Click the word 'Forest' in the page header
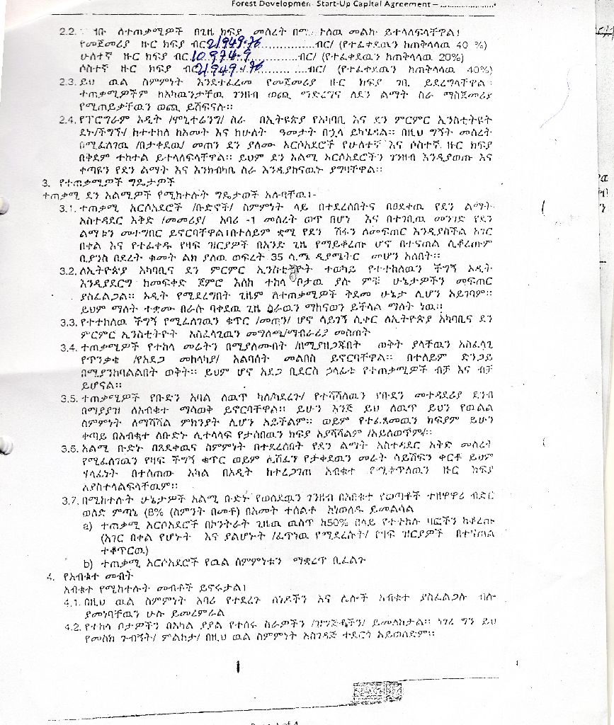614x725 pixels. (246, 4)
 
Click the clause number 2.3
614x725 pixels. (69, 82)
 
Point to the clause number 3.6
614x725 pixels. (69, 450)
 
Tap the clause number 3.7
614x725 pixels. (69, 501)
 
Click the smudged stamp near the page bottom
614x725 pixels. (371, 692)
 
